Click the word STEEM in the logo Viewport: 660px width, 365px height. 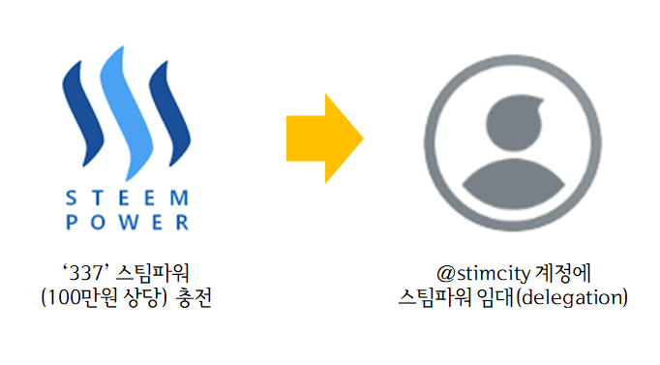[127, 198]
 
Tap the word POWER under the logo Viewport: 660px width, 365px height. [127, 222]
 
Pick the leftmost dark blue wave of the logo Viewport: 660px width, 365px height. [81, 110]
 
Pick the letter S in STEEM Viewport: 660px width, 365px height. [71, 198]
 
